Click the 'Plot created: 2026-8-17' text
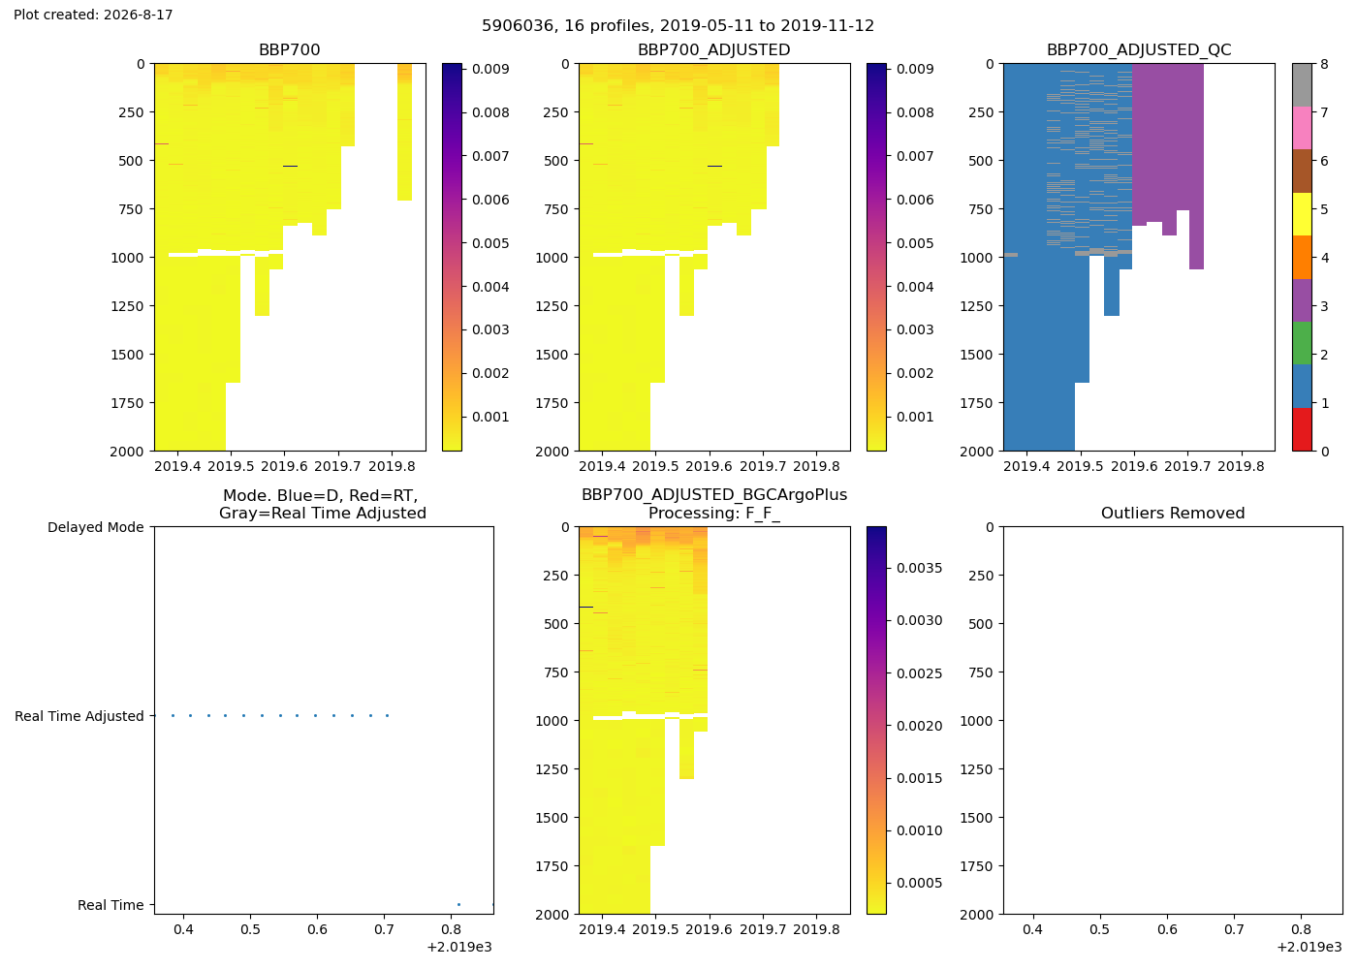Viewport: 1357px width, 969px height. coord(93,15)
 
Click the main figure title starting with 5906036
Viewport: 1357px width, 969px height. coord(678,26)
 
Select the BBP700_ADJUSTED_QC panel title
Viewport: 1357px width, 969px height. coord(1139,49)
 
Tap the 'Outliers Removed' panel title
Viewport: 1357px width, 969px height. coord(1173,513)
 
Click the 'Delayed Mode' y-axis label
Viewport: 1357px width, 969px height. coord(96,527)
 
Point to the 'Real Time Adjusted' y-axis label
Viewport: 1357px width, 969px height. coord(79,716)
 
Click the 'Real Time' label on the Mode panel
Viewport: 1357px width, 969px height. coord(110,905)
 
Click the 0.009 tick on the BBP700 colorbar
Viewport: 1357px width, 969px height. coord(490,69)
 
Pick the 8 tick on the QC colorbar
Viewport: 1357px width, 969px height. coord(1325,64)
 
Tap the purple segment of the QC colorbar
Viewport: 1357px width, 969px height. coord(1302,300)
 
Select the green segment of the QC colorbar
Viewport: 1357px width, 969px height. coord(1302,343)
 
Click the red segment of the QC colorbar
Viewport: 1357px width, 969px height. coord(1302,429)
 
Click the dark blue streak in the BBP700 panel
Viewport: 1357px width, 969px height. coord(290,166)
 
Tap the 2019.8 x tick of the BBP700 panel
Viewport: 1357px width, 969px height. coord(392,466)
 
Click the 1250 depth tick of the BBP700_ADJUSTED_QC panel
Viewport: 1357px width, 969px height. coord(977,306)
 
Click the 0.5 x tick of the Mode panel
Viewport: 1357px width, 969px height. coord(250,929)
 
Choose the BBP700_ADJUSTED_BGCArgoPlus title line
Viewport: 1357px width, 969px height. coord(714,495)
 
